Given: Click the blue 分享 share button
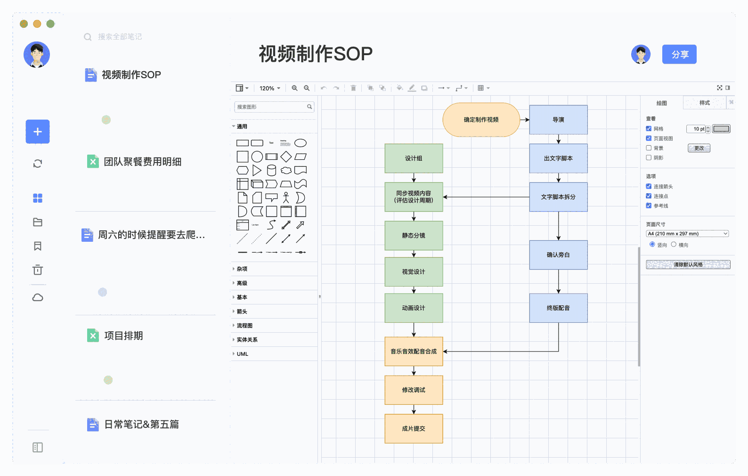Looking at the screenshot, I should pos(679,55).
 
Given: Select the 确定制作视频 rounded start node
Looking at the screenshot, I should pos(481,120).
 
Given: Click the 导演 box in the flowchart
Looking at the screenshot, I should pos(558,120).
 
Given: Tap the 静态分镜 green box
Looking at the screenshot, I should pos(414,236).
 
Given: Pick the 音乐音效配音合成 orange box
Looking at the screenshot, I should pos(414,352).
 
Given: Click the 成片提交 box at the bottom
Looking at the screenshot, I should pos(414,429).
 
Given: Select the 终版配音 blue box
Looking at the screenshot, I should pos(558,308).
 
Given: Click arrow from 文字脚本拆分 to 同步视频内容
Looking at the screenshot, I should pos(485,197).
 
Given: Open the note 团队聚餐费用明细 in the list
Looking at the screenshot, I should pos(142,162).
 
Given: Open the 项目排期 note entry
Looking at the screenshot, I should pos(123,336).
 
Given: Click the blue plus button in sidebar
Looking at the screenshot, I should pos(38,132).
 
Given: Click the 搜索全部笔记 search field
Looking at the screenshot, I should pos(120,37).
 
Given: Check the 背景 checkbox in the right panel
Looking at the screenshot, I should pos(649,148).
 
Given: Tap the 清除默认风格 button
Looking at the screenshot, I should pos(688,265).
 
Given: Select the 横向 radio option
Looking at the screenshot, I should pos(674,245).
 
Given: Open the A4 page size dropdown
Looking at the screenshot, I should pos(687,234).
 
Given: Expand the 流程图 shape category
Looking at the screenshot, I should pos(244,326).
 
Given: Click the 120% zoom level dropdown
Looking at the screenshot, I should pos(269,88).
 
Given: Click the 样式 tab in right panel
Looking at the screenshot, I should pos(704,103).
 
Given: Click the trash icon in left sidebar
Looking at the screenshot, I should pos(38,270).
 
